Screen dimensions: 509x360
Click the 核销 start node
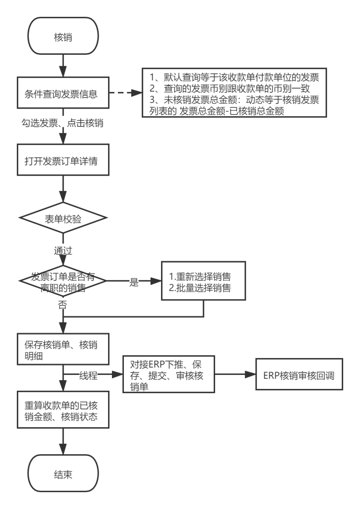[x=63, y=37]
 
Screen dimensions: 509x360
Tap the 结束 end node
[x=63, y=474]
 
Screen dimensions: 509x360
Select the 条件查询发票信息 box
[x=63, y=94]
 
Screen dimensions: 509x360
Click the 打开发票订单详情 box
[x=63, y=159]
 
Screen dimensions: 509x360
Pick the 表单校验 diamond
[x=63, y=219]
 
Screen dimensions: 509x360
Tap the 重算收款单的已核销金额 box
[x=63, y=410]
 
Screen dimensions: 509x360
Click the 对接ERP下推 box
[x=168, y=375]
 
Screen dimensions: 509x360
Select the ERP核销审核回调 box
[x=299, y=375]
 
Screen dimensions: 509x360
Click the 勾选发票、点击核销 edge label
[x=63, y=123]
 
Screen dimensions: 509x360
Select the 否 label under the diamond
[x=63, y=304]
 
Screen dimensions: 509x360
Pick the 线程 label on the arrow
[x=88, y=375]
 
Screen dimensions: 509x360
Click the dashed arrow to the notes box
[x=125, y=94]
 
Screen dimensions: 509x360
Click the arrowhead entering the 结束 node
[x=63, y=450]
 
